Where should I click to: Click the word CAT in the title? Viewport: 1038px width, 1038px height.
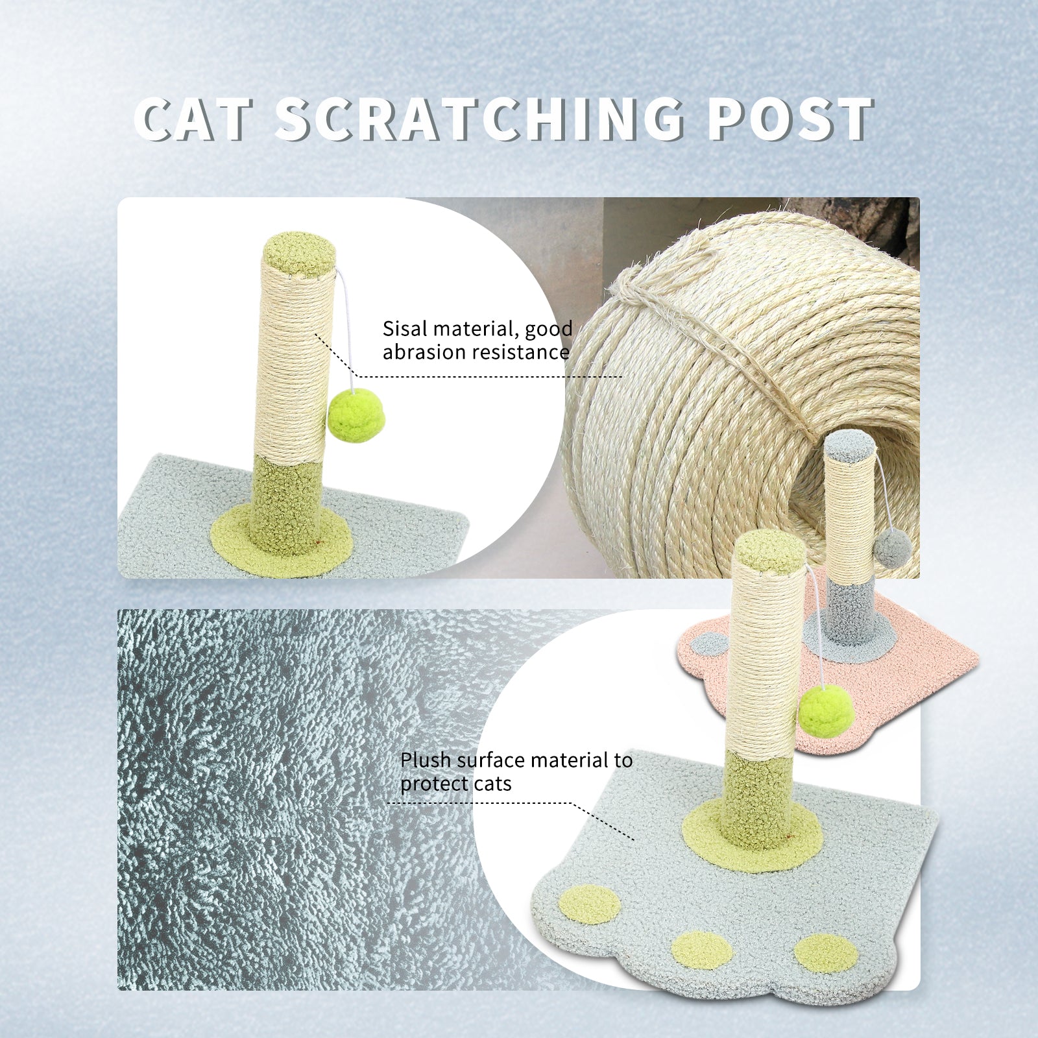(193, 119)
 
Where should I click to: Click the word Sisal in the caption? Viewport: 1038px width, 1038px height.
(405, 329)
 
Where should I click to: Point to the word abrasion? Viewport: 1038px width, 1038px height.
(425, 352)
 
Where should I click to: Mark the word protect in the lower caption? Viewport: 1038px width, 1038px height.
(436, 784)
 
